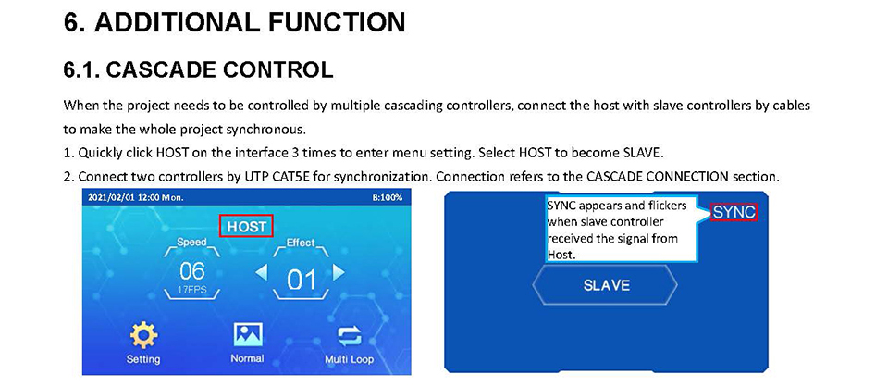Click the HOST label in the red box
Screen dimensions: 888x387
click(x=246, y=227)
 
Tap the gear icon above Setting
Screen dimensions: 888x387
click(x=143, y=335)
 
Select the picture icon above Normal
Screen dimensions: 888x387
click(x=248, y=335)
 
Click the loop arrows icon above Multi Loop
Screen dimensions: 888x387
click(x=349, y=337)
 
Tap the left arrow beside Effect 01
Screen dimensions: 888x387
click(x=261, y=273)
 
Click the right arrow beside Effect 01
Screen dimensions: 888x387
click(x=339, y=273)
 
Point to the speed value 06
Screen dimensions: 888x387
click(x=191, y=271)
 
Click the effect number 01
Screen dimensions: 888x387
click(x=301, y=280)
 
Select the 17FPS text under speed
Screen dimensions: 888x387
click(x=192, y=290)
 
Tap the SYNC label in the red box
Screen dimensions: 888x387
click(x=734, y=212)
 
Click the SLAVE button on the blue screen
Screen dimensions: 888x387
click(x=605, y=284)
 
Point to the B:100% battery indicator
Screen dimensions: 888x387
click(x=388, y=198)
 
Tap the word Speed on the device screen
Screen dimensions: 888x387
click(x=191, y=242)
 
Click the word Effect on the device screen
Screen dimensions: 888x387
click(x=300, y=243)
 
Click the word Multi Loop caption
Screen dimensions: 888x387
click(x=349, y=359)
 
